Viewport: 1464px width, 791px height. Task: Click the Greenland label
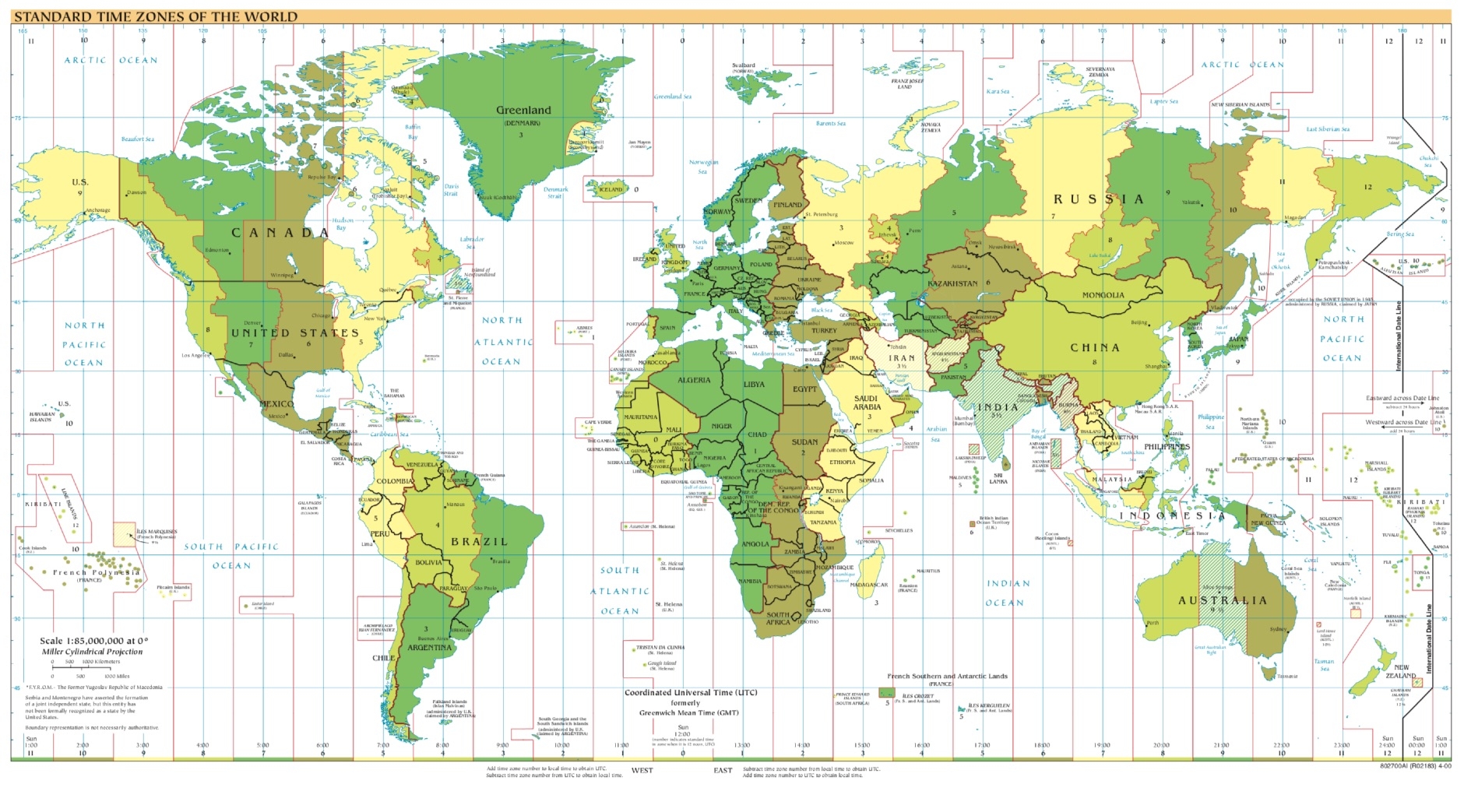(x=523, y=111)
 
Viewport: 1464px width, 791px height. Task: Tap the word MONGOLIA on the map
(x=1103, y=295)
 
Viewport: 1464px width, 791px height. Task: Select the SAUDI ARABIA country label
(x=867, y=403)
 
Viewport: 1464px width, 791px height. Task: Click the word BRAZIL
(x=479, y=542)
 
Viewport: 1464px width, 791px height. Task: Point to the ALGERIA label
(x=694, y=380)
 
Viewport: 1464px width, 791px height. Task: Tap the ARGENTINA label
(x=429, y=648)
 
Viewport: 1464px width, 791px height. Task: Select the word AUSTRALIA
(x=1223, y=601)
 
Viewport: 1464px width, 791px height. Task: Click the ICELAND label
(x=611, y=189)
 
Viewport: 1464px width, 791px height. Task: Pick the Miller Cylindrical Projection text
(x=92, y=652)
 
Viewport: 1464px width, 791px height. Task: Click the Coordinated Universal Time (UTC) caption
(x=690, y=692)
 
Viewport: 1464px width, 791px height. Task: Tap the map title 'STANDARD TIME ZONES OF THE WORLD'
(x=156, y=16)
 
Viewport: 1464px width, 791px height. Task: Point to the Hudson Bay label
(x=343, y=224)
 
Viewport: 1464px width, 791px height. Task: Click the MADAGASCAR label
(x=869, y=585)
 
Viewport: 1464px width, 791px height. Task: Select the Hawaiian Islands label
(x=40, y=417)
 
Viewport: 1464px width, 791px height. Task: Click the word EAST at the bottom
(x=723, y=771)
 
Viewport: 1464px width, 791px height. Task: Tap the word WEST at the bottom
(x=642, y=771)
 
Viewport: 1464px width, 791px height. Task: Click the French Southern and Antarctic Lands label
(x=947, y=677)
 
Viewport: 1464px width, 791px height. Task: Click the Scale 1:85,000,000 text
(x=93, y=641)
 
